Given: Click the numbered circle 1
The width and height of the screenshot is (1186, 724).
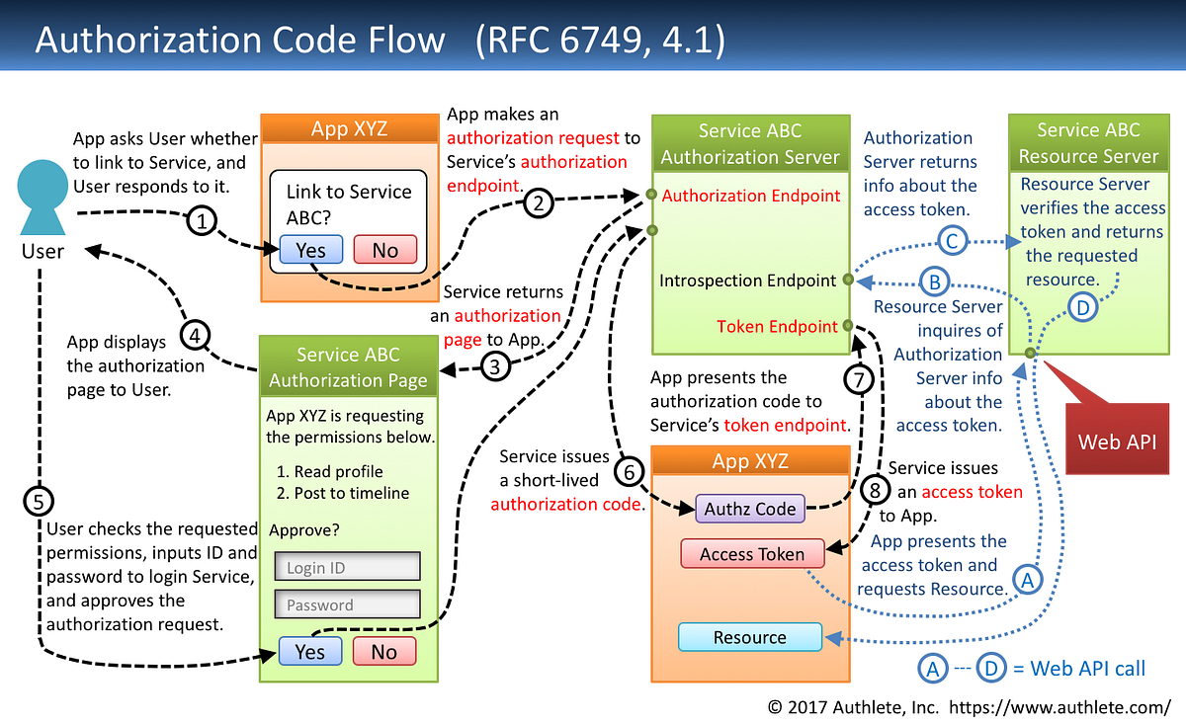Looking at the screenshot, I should pyautogui.click(x=202, y=222).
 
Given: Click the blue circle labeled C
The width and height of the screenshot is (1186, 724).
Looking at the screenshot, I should pyautogui.click(x=952, y=241).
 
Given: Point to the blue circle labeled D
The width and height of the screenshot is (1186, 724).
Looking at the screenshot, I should pyautogui.click(x=1083, y=308).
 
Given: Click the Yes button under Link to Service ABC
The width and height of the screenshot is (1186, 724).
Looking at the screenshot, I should pyautogui.click(x=310, y=250).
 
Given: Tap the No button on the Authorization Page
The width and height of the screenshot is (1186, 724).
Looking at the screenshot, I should pyautogui.click(x=383, y=652).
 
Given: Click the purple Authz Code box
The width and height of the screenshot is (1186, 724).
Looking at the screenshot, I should pyautogui.click(x=750, y=510).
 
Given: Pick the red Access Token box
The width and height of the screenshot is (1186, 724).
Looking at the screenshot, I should pyautogui.click(x=752, y=554).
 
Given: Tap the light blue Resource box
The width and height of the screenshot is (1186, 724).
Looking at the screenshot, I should pyautogui.click(x=749, y=637).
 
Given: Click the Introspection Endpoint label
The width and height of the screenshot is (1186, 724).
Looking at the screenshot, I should pyautogui.click(x=748, y=281).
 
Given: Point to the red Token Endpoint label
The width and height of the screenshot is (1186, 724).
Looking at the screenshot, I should pyautogui.click(x=777, y=326).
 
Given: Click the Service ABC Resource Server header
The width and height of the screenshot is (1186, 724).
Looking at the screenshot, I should pyautogui.click(x=1087, y=143).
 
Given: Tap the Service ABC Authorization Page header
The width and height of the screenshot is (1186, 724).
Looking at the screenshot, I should pyautogui.click(x=348, y=367).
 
